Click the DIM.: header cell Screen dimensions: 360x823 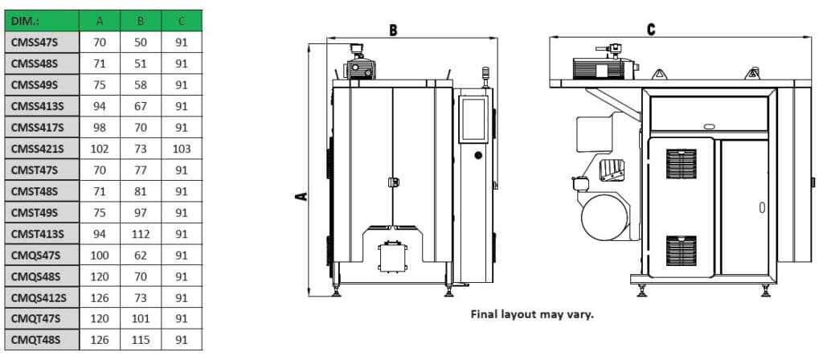[40, 20]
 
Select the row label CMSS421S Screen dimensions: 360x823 [40, 149]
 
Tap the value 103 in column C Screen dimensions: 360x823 [182, 149]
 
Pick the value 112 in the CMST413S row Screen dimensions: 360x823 [140, 234]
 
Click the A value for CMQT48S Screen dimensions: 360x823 [100, 341]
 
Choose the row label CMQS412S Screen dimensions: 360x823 [40, 298]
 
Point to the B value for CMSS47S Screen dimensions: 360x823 [140, 42]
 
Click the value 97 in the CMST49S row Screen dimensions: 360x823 [140, 213]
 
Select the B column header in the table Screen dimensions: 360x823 [140, 20]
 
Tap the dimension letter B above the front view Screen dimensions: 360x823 [394, 31]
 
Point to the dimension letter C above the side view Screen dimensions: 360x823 [651, 30]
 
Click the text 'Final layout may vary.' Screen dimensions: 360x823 [532, 314]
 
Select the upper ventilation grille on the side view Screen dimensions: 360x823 [680, 164]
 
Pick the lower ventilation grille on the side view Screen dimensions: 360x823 [680, 251]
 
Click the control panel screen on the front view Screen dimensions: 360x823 [473, 121]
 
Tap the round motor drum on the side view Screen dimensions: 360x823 [604, 217]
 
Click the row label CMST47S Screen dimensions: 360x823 [40, 170]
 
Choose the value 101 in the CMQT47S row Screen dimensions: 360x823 [140, 319]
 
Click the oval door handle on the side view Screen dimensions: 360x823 [760, 207]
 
